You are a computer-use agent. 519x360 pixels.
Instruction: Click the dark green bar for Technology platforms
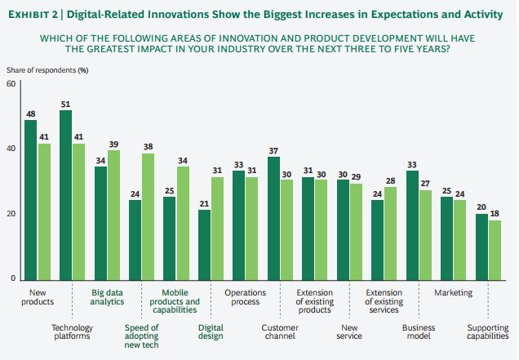pos(65,195)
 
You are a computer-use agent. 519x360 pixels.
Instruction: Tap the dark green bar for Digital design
pos(204,245)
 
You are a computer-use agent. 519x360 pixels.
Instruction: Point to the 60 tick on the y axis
pos(10,85)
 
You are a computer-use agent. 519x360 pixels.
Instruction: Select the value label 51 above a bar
pos(65,104)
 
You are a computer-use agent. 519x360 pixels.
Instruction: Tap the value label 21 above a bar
pos(204,203)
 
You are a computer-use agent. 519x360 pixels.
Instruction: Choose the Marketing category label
pos(454,292)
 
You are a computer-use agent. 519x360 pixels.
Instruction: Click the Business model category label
pos(419,332)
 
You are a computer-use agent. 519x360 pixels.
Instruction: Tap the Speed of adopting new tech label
pos(142,336)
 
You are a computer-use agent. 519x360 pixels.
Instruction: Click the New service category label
pos(349,332)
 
